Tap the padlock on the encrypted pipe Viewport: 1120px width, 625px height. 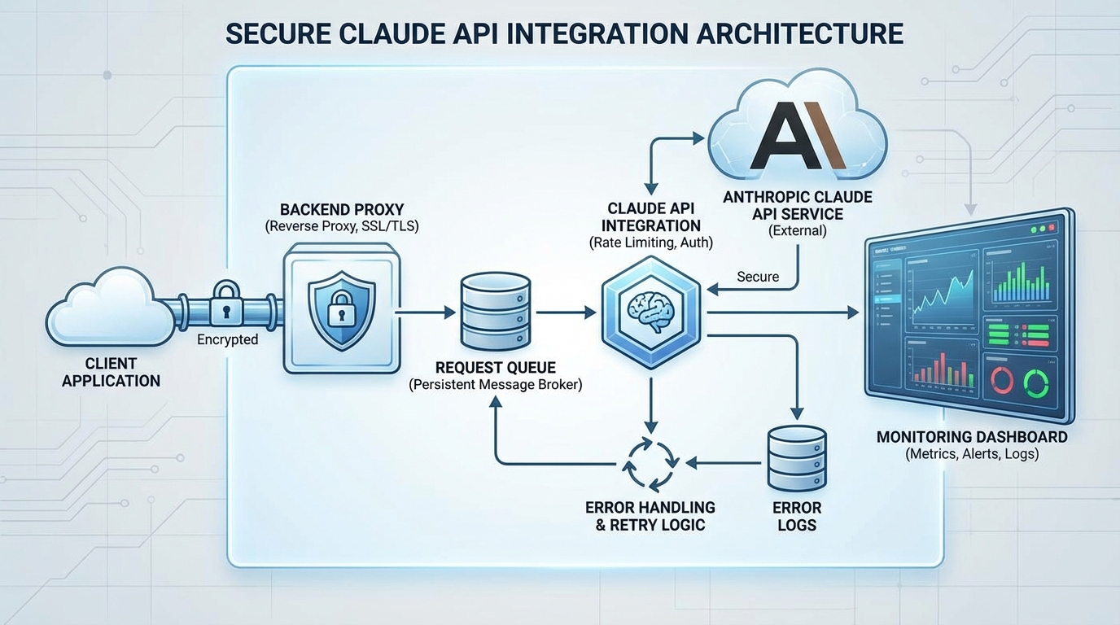click(x=225, y=305)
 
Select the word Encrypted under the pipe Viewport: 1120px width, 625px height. click(x=228, y=339)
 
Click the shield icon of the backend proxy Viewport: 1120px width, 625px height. click(x=342, y=310)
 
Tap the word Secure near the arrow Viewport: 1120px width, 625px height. click(x=758, y=277)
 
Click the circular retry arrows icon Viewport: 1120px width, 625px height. click(x=650, y=463)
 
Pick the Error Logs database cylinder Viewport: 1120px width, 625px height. click(x=797, y=458)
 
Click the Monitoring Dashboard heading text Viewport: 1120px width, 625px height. click(x=972, y=437)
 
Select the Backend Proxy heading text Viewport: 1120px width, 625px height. click(x=342, y=209)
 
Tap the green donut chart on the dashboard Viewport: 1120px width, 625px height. click(x=1036, y=380)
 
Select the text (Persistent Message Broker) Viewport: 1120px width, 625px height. click(x=495, y=385)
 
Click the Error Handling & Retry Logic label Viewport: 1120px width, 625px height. click(x=650, y=516)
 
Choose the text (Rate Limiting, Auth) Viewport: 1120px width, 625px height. click(x=650, y=243)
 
